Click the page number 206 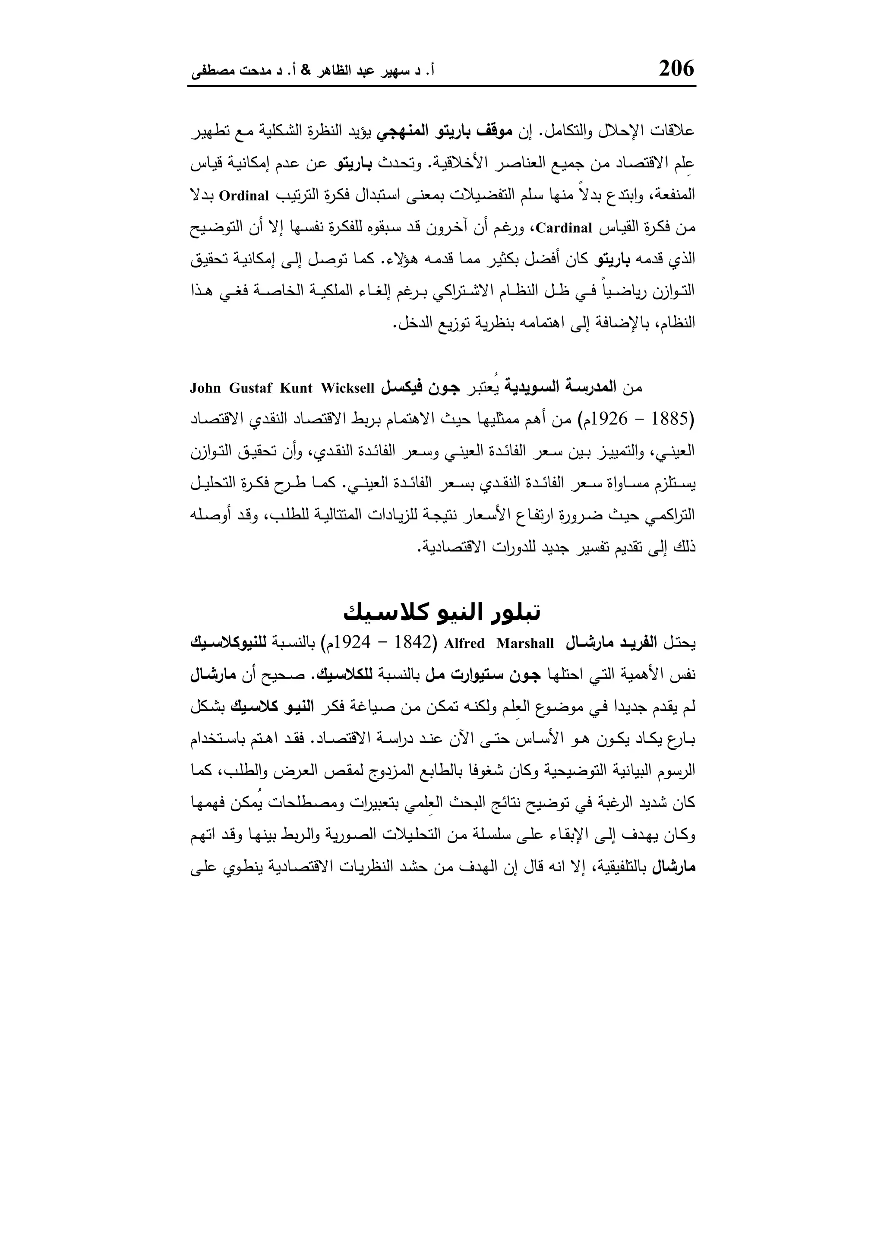677,69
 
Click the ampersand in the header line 305,71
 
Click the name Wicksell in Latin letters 347,388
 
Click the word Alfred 464,644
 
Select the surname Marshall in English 525,644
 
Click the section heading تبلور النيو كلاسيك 442,613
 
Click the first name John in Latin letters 206,388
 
